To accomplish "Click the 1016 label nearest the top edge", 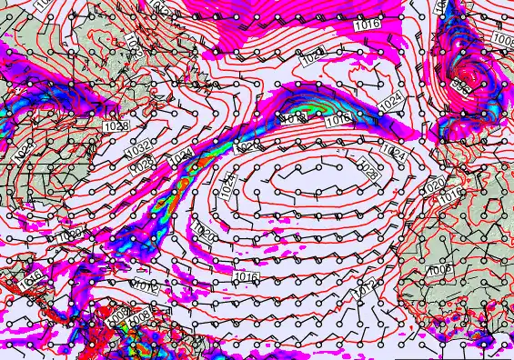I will (368, 25).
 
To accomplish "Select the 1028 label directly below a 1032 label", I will (141, 165).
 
